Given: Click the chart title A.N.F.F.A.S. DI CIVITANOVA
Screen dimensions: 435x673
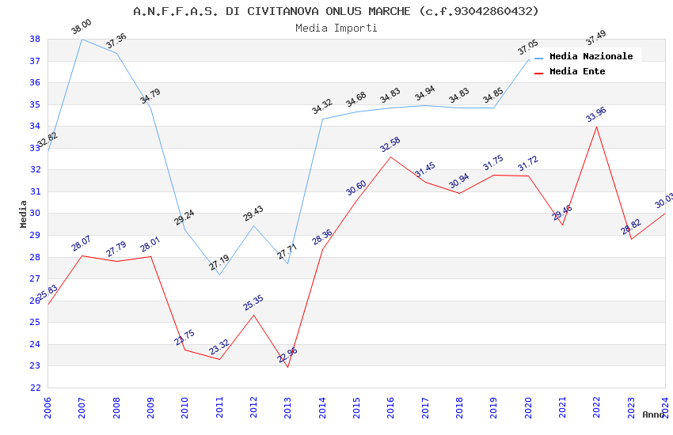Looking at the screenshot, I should tap(336, 11).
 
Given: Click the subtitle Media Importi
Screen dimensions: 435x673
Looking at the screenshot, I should tap(336, 28).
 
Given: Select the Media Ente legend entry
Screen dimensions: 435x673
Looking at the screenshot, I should tap(577, 71).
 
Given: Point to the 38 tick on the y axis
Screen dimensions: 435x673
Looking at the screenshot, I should tap(35, 39).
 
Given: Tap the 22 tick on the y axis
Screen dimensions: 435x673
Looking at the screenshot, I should tap(35, 388).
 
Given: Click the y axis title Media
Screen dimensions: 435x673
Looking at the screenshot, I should tap(23, 214).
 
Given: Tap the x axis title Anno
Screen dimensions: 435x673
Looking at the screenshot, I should tap(653, 414).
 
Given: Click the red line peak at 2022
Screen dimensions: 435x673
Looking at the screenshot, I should tap(596, 127).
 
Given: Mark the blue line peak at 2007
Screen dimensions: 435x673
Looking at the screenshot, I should tap(82, 39).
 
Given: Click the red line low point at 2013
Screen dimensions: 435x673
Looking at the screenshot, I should tap(287, 367).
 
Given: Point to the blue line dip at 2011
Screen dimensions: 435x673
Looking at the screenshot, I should tap(219, 274).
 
